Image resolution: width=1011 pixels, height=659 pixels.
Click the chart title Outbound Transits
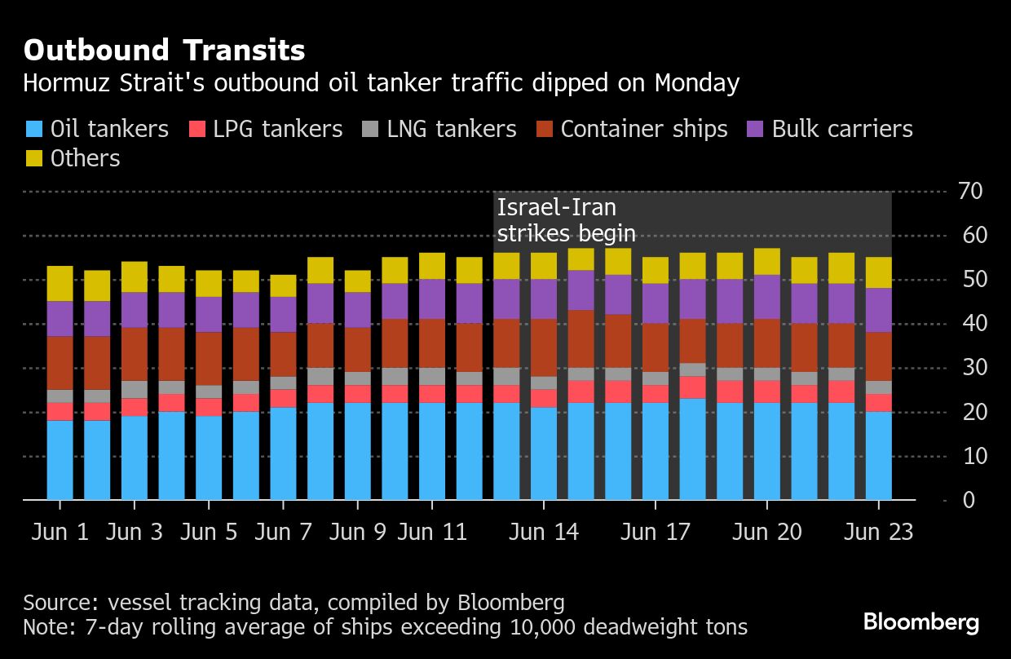[164, 51]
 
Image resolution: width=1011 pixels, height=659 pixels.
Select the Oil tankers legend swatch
[33, 129]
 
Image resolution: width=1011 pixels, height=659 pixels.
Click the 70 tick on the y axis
[971, 192]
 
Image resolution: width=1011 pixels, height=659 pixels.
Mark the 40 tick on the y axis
[971, 324]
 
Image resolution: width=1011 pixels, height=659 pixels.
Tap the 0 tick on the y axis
[968, 499]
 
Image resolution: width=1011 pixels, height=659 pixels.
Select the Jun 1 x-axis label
[60, 532]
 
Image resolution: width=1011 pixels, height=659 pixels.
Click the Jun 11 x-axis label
[432, 532]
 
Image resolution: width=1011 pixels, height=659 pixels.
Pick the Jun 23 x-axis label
[878, 532]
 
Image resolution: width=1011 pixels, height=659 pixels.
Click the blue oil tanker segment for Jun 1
[60, 459]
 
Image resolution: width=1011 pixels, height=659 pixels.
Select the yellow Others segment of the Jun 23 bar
[878, 272]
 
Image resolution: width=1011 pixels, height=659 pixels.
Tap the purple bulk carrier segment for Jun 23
[878, 310]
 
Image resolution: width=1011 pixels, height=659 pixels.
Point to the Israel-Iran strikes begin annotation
[566, 220]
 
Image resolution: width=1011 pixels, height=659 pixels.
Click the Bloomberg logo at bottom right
[920, 623]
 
